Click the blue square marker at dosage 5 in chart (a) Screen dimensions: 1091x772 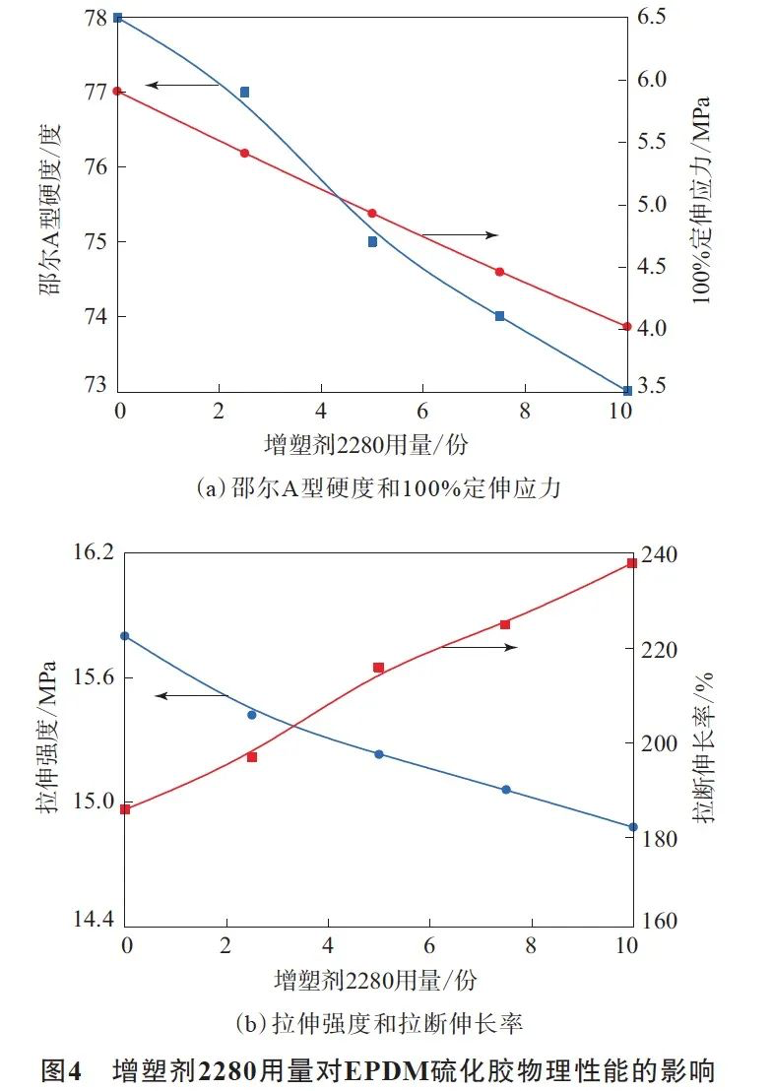[x=372, y=241]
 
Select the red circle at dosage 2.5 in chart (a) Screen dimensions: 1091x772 [x=244, y=153]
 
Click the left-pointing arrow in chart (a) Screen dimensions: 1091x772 [x=182, y=86]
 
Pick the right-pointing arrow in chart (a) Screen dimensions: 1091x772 [x=460, y=234]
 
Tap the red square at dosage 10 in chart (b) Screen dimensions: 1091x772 [x=632, y=563]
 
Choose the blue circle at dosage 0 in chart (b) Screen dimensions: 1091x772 [x=124, y=636]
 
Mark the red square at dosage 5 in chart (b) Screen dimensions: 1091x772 [x=378, y=668]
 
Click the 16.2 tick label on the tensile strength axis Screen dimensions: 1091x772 [x=94, y=553]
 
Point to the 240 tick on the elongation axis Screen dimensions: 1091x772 [x=660, y=554]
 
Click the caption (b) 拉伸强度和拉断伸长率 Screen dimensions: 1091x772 [x=378, y=1023]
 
